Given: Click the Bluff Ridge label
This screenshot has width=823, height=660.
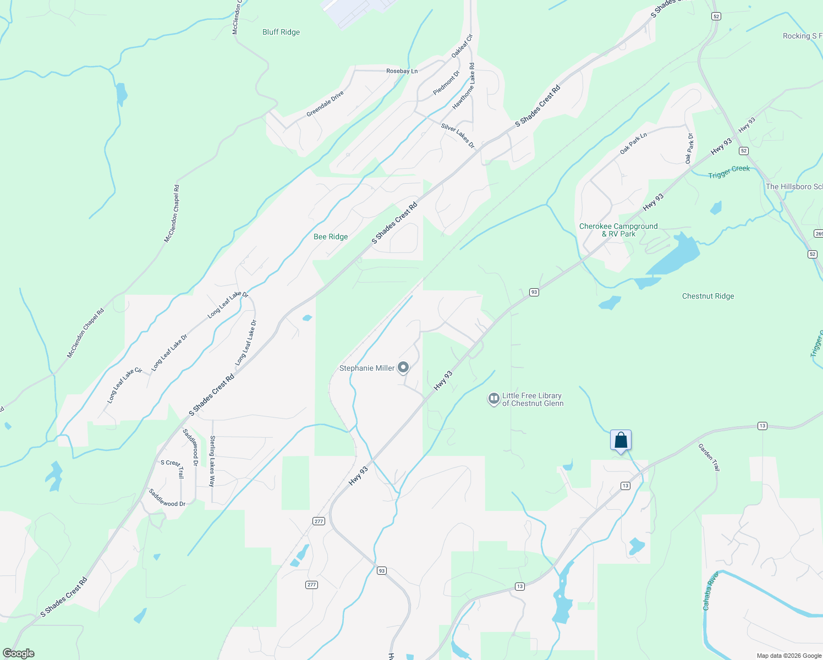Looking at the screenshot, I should click(281, 32).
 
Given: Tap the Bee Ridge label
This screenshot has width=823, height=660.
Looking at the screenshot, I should click(331, 237).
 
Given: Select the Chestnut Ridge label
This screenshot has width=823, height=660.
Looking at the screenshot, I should click(708, 296).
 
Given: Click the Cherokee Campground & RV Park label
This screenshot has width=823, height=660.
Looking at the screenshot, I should click(618, 230).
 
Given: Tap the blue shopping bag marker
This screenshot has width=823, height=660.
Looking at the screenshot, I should click(621, 441).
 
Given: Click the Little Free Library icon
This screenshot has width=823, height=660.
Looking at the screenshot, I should click(493, 399).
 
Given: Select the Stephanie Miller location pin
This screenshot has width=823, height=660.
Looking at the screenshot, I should click(403, 367).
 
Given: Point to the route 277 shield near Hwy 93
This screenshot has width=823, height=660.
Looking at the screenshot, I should click(319, 521).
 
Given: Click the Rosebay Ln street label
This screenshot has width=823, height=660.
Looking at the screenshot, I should click(402, 71).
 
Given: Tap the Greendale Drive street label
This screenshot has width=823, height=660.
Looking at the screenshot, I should click(325, 103).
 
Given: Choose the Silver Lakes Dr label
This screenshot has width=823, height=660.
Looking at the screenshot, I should click(458, 135).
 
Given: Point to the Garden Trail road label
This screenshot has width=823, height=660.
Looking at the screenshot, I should click(709, 457).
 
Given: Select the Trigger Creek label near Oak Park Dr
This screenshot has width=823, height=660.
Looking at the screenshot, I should click(729, 172).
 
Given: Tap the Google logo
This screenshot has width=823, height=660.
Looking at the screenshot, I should click(18, 653).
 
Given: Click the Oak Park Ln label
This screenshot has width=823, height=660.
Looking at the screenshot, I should click(633, 143).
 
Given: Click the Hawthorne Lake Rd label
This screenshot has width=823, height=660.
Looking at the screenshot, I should click(464, 86).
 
